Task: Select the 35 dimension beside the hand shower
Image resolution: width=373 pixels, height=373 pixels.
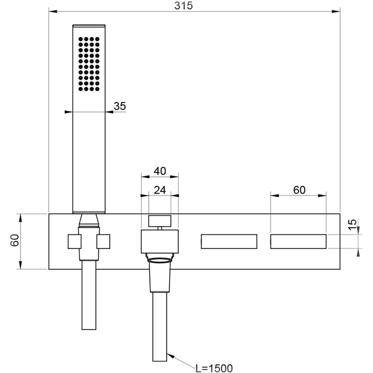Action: pos(120,106)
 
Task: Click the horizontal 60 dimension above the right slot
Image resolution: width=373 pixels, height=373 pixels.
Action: pos(298,190)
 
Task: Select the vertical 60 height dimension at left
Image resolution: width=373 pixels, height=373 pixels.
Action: pos(14,240)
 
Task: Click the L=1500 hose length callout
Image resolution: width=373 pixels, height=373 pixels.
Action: pos(214,368)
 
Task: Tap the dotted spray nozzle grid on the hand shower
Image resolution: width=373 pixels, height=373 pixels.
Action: pos(89,64)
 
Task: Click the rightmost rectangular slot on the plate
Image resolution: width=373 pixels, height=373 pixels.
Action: pos(298,242)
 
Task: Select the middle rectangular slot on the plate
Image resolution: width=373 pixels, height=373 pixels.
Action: pos(229,242)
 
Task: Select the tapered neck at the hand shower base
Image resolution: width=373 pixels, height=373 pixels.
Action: pos(89,219)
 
